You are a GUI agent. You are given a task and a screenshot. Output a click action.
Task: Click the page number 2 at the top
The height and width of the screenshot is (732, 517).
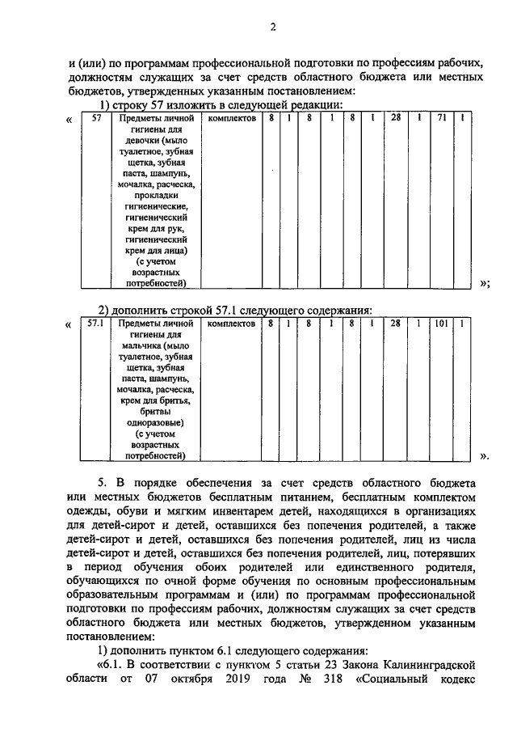click(x=273, y=28)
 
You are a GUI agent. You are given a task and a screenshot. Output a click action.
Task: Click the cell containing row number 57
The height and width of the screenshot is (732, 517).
click(x=96, y=119)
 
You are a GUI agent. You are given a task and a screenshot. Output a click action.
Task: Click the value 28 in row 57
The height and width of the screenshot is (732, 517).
click(x=396, y=119)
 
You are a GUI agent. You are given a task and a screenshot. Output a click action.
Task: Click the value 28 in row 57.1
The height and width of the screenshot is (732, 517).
click(x=396, y=324)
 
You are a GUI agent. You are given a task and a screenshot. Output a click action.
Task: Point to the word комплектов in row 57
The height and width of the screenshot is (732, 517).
click(x=232, y=119)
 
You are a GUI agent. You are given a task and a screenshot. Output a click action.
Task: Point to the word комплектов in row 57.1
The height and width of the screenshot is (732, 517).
click(x=232, y=324)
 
